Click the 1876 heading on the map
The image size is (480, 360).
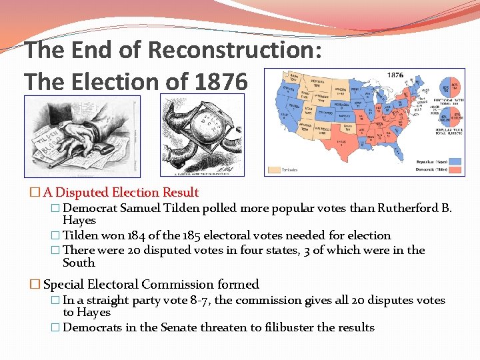(394, 75)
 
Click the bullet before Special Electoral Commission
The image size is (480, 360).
(35, 285)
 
